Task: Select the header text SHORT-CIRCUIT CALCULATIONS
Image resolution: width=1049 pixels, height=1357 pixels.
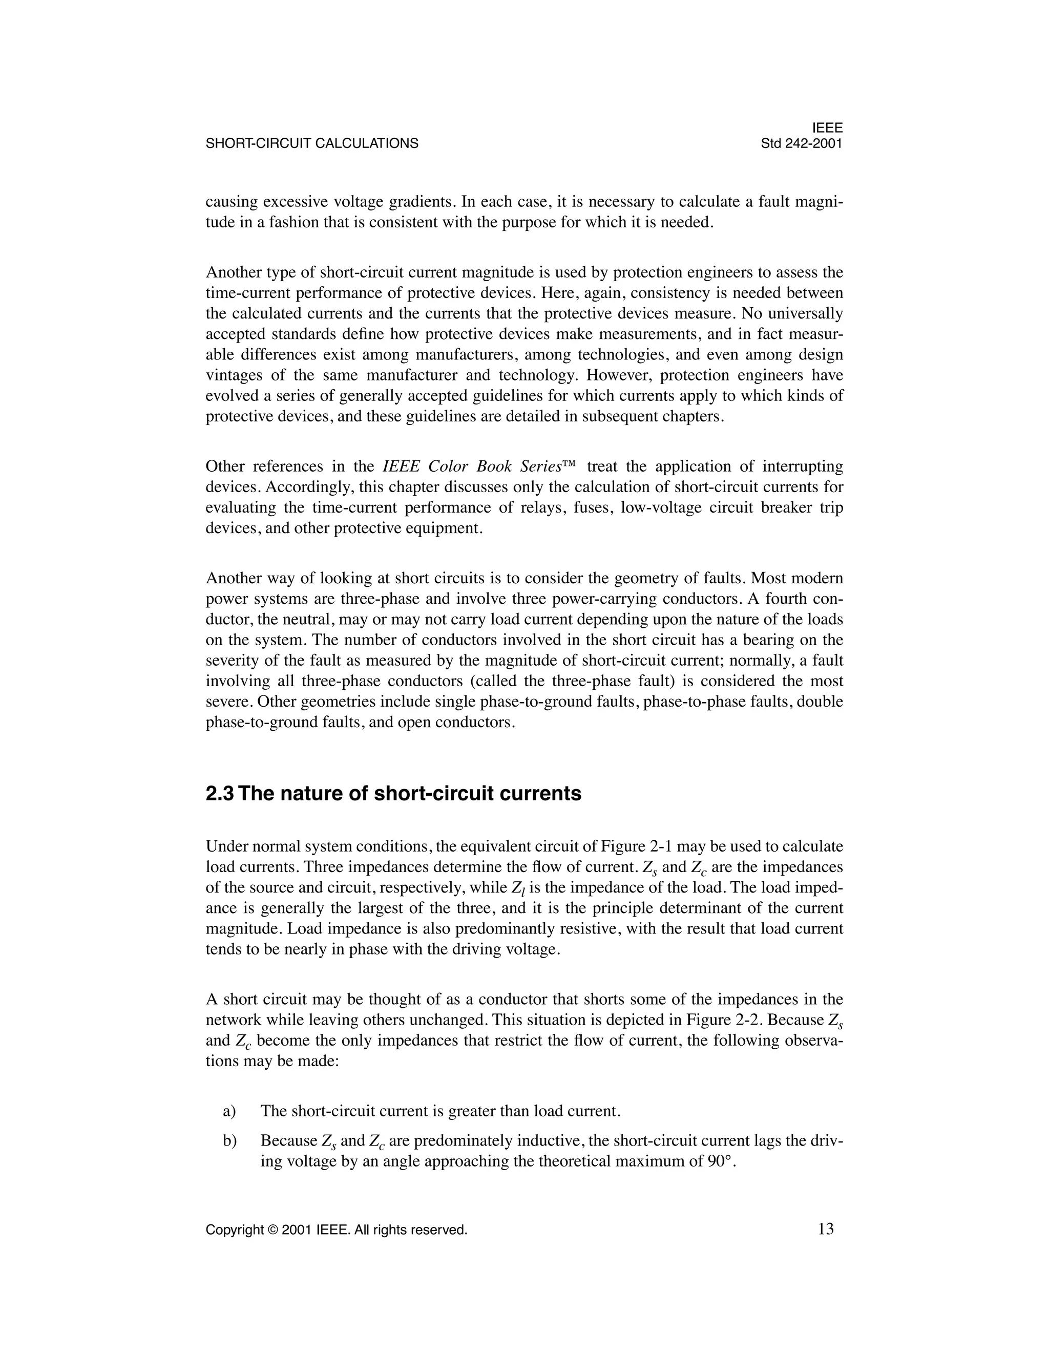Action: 312,143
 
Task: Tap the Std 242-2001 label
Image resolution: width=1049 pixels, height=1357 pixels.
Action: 802,143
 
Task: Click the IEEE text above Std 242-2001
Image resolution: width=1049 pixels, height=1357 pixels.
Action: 828,128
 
